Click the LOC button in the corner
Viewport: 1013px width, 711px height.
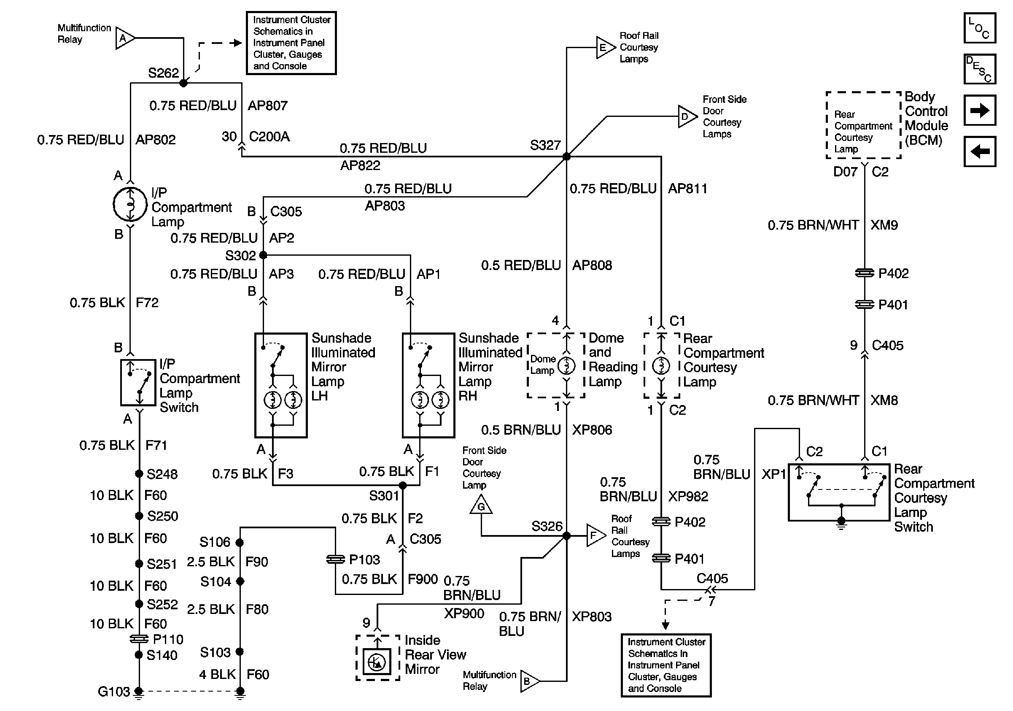click(x=979, y=28)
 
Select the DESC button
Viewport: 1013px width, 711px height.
click(x=979, y=69)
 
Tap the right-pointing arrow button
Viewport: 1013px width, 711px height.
click(x=979, y=110)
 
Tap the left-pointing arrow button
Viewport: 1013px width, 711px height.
click(x=979, y=151)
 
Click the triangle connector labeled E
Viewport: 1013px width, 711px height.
click(x=605, y=47)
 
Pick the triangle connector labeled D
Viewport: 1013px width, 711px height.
click(x=687, y=116)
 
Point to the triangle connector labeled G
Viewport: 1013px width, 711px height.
click(x=481, y=505)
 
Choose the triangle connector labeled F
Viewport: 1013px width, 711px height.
click(x=595, y=535)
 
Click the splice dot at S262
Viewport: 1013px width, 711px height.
click(x=183, y=83)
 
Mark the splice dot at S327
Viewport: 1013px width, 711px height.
click(x=566, y=156)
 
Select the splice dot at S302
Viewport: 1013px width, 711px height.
click(x=263, y=255)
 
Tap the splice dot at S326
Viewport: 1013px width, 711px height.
click(x=566, y=536)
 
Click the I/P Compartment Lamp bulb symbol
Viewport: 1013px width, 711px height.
click(x=130, y=204)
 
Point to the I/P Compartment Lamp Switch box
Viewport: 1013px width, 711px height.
click(x=138, y=382)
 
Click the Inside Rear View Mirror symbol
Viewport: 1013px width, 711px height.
click(x=377, y=661)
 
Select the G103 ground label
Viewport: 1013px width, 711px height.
click(x=114, y=692)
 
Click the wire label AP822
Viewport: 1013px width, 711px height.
click(x=360, y=165)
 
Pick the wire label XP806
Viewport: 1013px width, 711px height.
click(x=592, y=430)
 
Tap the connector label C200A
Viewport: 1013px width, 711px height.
click(x=269, y=137)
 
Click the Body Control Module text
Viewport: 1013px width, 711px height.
click(x=926, y=118)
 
